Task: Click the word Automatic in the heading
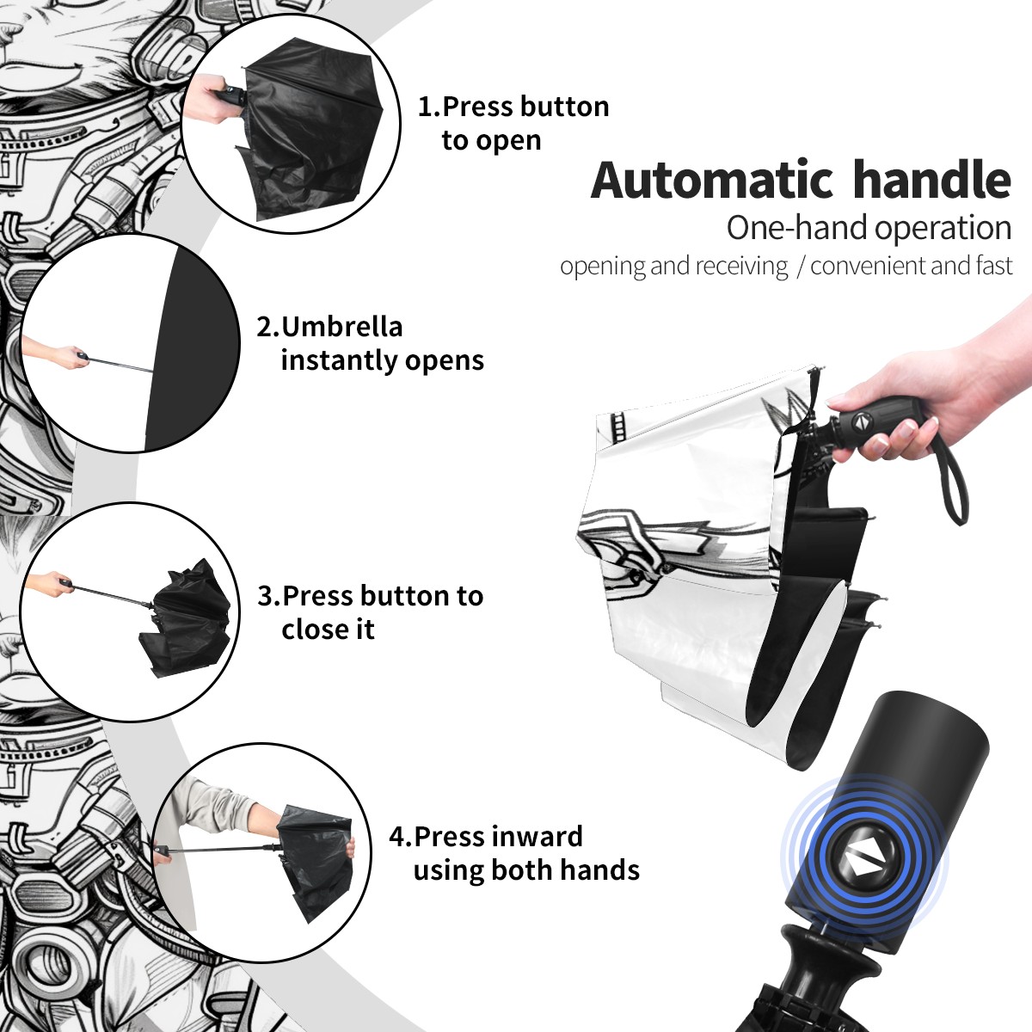[712, 180]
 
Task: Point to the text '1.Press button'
[513, 107]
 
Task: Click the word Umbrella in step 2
[341, 327]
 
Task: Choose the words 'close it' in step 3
[328, 629]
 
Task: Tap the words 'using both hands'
[526, 870]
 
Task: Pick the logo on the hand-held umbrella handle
[863, 421]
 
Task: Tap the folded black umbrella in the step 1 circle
[310, 132]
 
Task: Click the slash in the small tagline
[800, 267]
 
